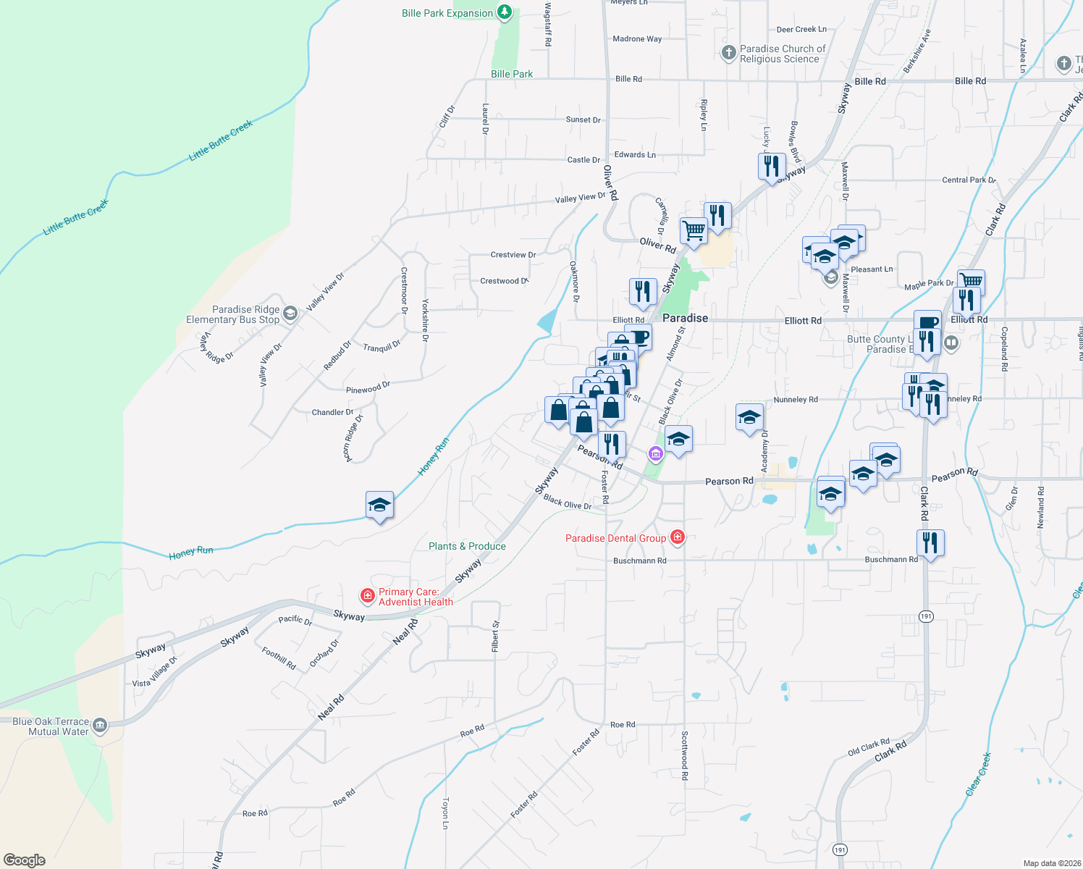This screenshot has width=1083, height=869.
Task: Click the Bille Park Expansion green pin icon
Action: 505,12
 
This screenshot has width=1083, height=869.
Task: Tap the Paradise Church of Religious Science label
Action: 782,54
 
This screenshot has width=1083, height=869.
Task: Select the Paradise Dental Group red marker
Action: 678,537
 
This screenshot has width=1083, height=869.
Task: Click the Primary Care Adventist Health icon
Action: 368,596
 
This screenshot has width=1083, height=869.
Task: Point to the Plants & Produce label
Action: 467,546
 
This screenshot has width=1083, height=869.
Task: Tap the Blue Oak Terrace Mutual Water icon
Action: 100,725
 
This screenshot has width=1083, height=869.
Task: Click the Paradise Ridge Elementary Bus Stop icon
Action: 290,313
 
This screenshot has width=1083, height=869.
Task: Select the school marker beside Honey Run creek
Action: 379,505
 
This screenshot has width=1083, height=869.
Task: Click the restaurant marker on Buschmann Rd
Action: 930,543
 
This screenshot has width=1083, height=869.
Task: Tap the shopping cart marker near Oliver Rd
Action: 694,231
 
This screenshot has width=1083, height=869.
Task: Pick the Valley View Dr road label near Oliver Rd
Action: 580,197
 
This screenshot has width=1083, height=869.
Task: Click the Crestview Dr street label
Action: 513,255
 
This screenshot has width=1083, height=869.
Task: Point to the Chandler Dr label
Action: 332,412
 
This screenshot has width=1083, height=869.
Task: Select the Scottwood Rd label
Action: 684,755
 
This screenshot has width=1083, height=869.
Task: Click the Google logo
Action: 25,860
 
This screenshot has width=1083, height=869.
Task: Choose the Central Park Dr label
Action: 969,180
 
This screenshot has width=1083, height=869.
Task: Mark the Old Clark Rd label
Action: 868,747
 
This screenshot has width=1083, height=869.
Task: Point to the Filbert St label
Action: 496,636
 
